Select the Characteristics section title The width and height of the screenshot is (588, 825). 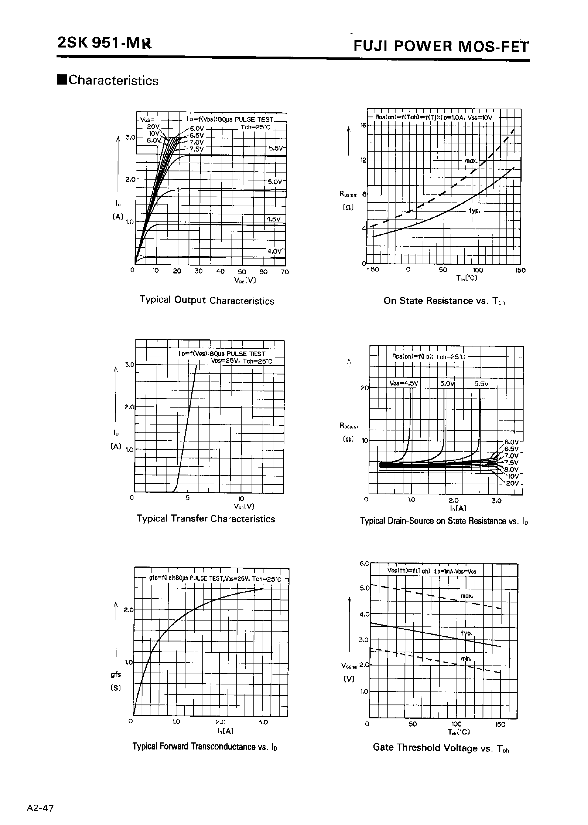coord(113,80)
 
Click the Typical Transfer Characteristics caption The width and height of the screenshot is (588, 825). coord(206,519)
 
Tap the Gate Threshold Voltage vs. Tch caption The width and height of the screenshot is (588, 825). coord(441,748)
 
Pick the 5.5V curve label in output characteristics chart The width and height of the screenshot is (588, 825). coord(276,148)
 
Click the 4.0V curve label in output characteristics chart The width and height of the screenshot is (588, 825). coord(274,251)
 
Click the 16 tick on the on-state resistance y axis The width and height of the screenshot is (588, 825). coord(364,125)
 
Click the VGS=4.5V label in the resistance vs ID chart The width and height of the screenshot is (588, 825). coord(404,383)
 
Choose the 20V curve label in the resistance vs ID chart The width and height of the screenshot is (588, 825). coord(512,483)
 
